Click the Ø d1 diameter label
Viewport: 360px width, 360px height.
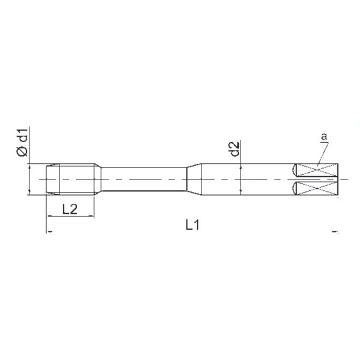[22, 142]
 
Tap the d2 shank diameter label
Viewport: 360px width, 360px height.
[235, 149]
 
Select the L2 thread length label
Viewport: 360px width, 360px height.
[70, 209]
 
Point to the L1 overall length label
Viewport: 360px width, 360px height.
[193, 225]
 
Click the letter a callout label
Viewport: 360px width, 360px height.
[324, 136]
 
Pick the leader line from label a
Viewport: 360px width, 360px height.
[323, 154]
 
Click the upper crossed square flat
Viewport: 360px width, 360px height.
[317, 170]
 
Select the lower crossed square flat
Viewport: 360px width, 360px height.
[317, 188]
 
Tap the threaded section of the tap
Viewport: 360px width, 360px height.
[70, 179]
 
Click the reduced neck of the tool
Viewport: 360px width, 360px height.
[144, 179]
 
